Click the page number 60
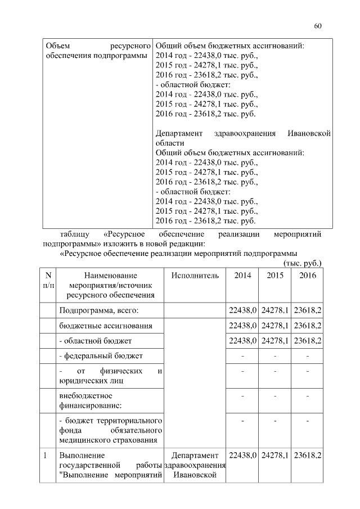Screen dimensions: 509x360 click(318, 26)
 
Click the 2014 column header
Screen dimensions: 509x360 click(242, 276)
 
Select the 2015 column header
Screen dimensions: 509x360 click(275, 276)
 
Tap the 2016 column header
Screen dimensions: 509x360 click(308, 276)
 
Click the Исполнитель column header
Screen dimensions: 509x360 click(195, 276)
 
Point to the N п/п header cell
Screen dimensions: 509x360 click(48, 280)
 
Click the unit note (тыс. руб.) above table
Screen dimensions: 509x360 click(303, 263)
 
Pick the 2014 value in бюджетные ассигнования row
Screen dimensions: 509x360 click(242, 326)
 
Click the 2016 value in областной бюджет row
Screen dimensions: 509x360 click(308, 341)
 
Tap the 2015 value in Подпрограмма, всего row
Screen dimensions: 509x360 click(275, 310)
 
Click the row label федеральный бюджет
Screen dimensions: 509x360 click(101, 356)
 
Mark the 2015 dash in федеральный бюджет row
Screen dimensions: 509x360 click(275, 356)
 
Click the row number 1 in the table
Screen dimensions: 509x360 click(45, 454)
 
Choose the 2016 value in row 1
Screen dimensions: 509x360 click(308, 454)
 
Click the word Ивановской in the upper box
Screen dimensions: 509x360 click(309, 133)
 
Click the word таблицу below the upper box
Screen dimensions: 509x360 click(75, 234)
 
